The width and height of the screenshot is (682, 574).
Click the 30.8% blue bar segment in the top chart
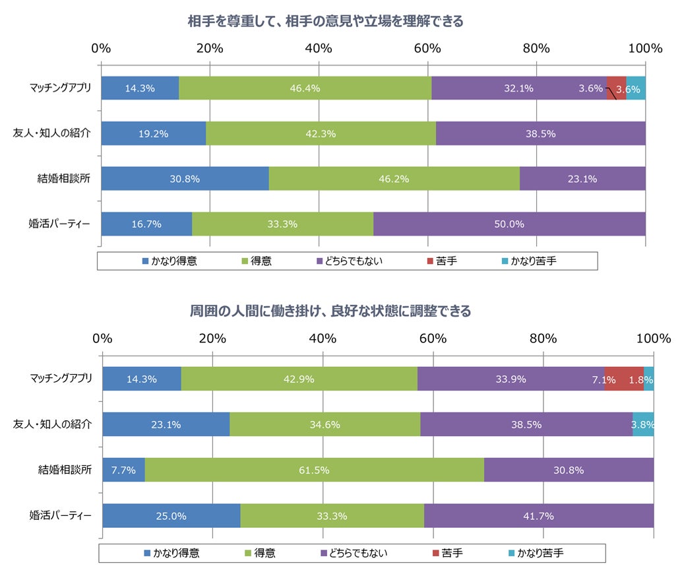tap(185, 178)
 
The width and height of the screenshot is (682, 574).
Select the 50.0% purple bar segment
tap(509, 224)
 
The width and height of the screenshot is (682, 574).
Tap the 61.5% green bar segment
tap(314, 470)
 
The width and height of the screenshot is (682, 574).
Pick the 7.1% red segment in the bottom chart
tap(623, 379)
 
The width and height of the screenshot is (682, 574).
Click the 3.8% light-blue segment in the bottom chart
tap(643, 424)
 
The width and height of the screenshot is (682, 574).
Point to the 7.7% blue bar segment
tap(123, 470)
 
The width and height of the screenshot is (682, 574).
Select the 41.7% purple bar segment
tap(538, 516)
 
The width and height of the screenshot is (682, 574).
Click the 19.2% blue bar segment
tap(153, 133)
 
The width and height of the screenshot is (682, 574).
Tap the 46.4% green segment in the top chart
tap(305, 88)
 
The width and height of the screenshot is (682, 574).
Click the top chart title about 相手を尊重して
tap(326, 22)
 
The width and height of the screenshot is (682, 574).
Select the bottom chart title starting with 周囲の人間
tap(330, 311)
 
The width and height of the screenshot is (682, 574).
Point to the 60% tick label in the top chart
tap(427, 48)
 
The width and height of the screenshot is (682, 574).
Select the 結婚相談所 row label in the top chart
tap(64, 178)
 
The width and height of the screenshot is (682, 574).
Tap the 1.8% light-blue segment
tap(649, 379)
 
